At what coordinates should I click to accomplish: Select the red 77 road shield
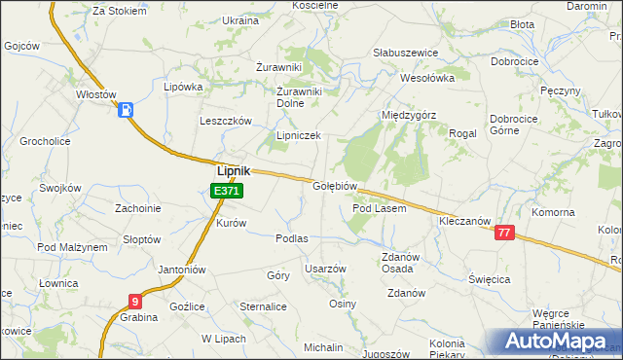pyautogui.click(x=503, y=233)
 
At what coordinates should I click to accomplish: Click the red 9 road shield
pyautogui.click(x=134, y=302)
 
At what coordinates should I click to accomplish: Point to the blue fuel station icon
pyautogui.click(x=126, y=110)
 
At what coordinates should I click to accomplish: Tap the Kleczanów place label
pyautogui.click(x=462, y=222)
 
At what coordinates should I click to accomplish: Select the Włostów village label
pyautogui.click(x=96, y=95)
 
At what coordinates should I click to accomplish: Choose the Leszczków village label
pyautogui.click(x=226, y=121)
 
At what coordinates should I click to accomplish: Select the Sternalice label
pyautogui.click(x=263, y=306)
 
